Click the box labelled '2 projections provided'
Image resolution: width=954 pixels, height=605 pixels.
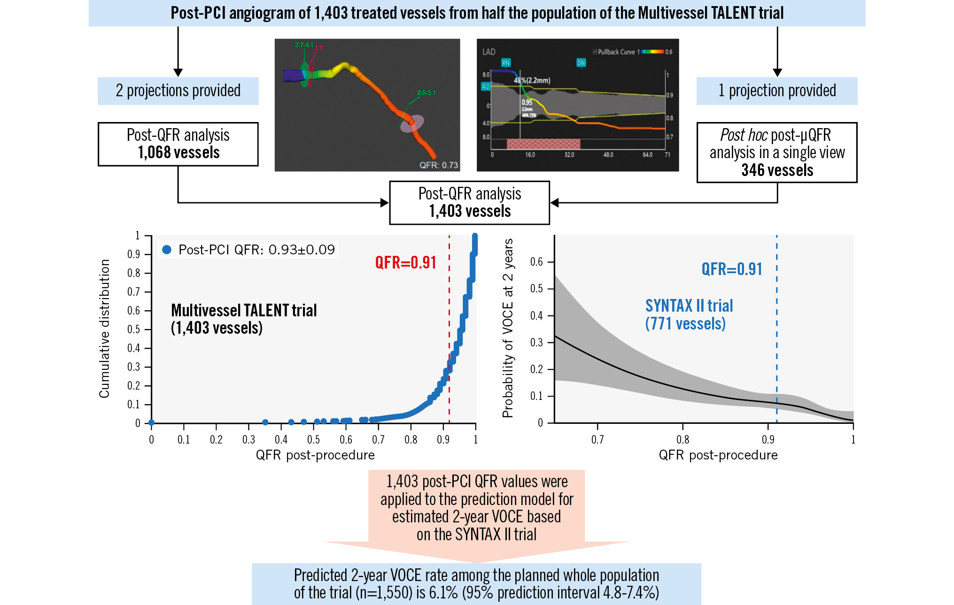tap(178, 91)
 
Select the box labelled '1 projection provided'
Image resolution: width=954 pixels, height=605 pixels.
tap(777, 91)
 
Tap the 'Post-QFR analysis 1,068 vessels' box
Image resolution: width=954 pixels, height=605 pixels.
tap(178, 144)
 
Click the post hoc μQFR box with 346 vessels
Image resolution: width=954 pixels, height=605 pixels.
tap(777, 153)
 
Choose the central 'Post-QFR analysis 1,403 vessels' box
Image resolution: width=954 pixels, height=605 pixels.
tap(469, 203)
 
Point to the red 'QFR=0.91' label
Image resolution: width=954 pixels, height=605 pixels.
tap(406, 262)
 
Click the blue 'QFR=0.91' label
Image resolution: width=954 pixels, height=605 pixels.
tap(731, 269)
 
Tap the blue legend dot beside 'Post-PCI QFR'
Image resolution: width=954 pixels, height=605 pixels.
tap(166, 250)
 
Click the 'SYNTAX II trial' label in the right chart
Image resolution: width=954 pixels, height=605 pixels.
tap(689, 306)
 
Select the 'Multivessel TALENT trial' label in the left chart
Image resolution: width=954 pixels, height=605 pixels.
tap(244, 310)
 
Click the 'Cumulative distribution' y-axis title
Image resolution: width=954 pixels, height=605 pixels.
tap(104, 329)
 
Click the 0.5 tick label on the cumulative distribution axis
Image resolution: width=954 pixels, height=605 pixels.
tap(134, 329)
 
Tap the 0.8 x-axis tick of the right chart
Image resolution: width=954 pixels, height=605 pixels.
tap(683, 440)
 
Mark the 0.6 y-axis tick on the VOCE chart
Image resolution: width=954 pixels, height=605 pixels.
tap(536, 262)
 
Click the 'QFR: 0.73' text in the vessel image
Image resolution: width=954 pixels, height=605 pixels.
tap(438, 165)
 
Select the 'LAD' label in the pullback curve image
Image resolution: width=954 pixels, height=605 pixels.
tap(489, 52)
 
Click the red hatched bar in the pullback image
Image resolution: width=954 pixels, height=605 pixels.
tap(543, 144)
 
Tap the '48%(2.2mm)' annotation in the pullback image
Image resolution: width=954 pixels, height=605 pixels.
tap(532, 80)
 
